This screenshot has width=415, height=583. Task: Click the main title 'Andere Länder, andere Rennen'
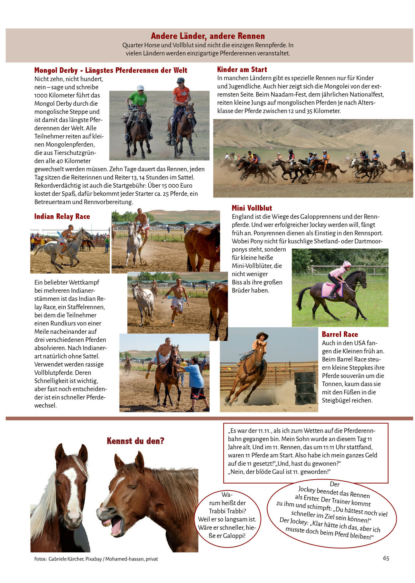(208, 36)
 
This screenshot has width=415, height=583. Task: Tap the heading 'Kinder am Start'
(242, 70)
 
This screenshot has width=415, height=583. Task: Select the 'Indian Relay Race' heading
(62, 216)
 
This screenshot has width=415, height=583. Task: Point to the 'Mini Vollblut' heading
(252, 208)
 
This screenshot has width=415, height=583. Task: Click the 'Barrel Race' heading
(340, 334)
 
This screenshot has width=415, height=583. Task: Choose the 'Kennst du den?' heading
(135, 441)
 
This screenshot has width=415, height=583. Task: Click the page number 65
(386, 558)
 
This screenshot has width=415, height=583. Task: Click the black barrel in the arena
(305, 388)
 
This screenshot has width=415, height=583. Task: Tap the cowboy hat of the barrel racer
(262, 335)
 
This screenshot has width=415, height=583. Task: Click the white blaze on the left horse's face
(72, 490)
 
